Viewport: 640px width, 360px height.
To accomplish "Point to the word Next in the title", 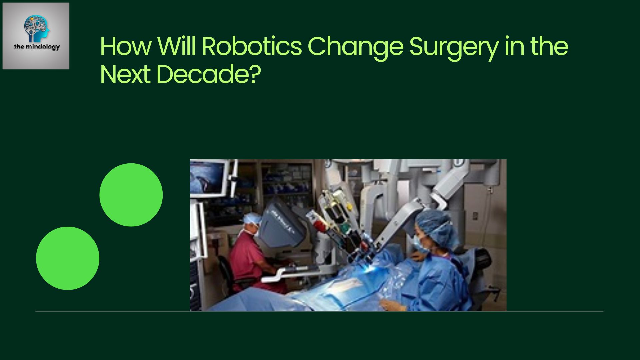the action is (x=125, y=74).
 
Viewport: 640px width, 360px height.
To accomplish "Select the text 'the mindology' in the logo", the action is (x=37, y=47).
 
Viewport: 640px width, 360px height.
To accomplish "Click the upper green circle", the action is (x=131, y=195).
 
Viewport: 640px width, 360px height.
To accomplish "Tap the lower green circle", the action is (x=68, y=258).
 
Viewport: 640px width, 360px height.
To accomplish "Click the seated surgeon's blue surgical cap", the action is (x=252, y=219).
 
